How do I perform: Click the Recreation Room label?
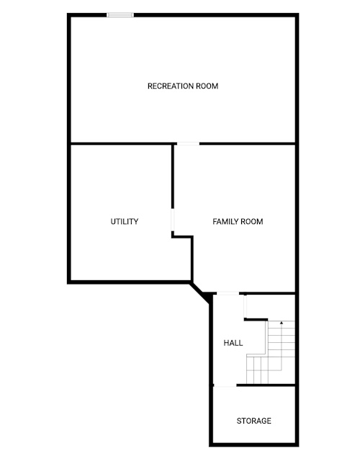pos(183,86)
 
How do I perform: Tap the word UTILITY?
pos(125,222)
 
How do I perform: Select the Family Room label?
pos(238,222)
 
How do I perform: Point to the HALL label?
pos(233,343)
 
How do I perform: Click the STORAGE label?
pos(254,421)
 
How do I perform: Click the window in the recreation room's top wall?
pos(120,15)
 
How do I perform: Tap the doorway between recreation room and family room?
pos(188,144)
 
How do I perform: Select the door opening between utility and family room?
pos(173,220)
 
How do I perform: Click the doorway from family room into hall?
pos(228,293)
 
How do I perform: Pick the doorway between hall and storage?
pos(225,385)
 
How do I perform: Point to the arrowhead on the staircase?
pos(282,323)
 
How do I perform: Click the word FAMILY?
pos(226,222)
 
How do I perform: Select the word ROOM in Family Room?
pos(252,222)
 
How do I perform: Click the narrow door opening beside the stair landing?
pos(246,306)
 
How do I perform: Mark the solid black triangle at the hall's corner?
pos(207,298)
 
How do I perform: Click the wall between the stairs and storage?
pos(266,385)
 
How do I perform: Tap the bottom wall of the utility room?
pos(129,282)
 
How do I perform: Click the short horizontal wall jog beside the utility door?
pos(183,236)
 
